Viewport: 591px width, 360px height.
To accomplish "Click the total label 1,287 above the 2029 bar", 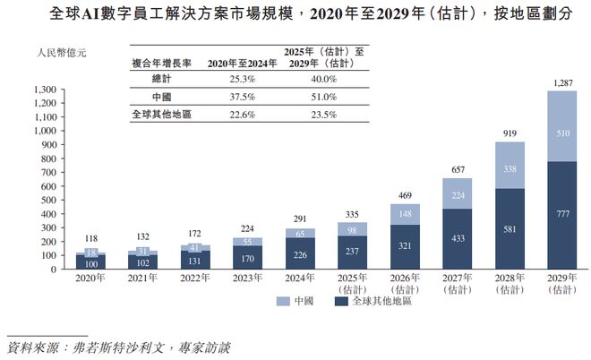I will tap(561, 83).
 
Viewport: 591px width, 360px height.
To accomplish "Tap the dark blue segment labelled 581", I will tap(510, 228).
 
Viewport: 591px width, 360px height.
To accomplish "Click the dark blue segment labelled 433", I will tap(458, 239).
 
